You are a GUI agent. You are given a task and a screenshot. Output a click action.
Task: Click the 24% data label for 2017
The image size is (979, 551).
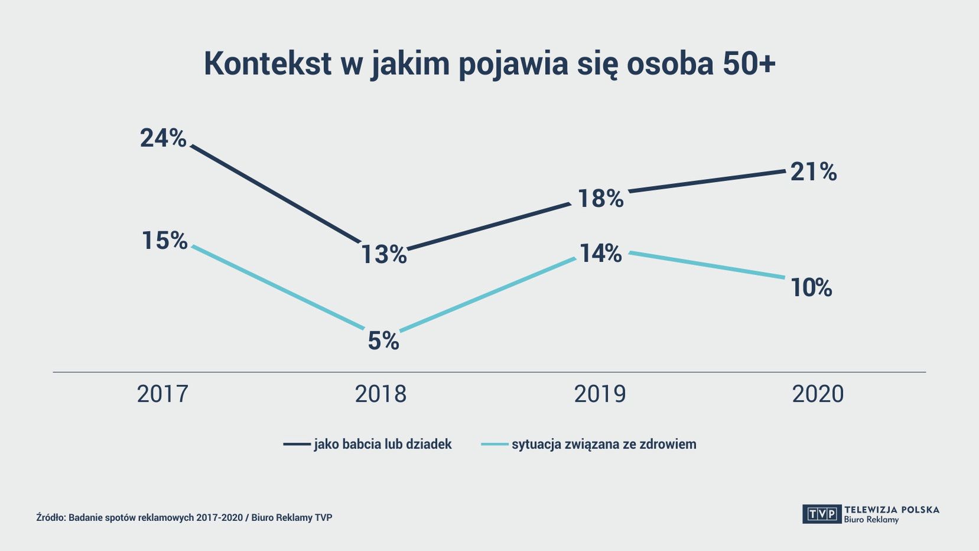163,138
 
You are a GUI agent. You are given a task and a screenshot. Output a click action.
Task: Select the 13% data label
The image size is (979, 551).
384,255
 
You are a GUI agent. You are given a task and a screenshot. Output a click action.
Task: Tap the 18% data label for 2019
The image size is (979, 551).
600,199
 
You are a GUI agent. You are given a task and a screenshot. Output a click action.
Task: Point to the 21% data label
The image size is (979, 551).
814,172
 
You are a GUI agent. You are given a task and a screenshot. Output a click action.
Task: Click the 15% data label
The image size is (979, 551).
164,241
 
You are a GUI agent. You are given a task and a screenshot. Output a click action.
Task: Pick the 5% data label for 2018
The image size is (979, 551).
383,341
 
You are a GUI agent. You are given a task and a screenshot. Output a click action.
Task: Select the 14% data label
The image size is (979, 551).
600,254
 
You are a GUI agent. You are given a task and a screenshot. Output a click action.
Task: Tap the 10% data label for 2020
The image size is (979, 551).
811,288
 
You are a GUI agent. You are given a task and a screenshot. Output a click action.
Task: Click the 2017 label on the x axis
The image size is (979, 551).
162,394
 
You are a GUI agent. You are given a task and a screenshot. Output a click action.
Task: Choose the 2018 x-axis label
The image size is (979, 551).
380,394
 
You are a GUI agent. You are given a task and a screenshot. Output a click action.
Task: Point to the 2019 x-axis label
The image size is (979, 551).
600,394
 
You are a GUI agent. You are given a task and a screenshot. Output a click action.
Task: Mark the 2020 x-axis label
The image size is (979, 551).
818,394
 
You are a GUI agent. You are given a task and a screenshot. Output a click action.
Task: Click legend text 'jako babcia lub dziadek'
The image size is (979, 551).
383,444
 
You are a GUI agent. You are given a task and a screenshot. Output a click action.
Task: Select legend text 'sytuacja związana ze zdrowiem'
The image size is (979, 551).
604,444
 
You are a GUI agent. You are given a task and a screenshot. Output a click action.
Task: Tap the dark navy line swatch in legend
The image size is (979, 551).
297,444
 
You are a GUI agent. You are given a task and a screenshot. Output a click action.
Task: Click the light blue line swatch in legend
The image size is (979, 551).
495,444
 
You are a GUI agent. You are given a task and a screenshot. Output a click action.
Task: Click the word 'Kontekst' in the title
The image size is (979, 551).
268,63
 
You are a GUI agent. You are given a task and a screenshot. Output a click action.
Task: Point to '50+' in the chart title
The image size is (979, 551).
749,63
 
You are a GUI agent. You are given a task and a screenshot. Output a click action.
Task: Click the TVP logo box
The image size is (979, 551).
822,514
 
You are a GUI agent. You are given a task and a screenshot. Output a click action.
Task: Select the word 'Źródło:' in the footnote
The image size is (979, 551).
51,518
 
